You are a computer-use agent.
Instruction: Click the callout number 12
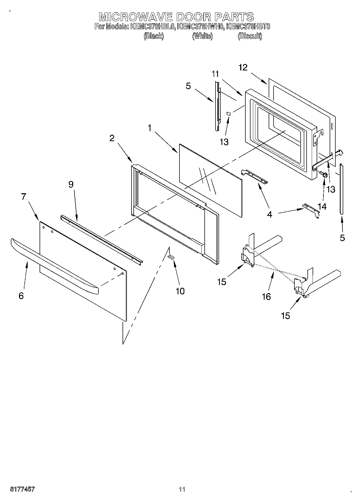pos(243,67)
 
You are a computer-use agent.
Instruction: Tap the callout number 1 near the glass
pos(150,128)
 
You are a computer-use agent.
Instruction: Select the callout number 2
pos(112,138)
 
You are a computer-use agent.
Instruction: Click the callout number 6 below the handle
pos(21,296)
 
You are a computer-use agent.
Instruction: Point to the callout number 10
pos(180,291)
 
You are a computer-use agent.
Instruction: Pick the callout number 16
pos(266,297)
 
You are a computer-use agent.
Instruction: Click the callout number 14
pos(322,206)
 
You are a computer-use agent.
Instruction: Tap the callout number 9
pos(71,185)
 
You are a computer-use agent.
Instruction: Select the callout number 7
pos(24,196)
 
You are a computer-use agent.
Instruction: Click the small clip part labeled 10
pos(171,257)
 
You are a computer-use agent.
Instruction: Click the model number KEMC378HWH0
pos(201,27)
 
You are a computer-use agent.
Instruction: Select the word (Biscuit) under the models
pos(250,36)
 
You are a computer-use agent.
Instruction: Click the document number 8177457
pos(23,489)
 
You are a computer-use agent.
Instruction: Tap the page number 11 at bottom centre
pos(182,489)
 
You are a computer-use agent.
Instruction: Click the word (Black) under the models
pos(154,36)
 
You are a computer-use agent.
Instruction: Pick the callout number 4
pos(269,214)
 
